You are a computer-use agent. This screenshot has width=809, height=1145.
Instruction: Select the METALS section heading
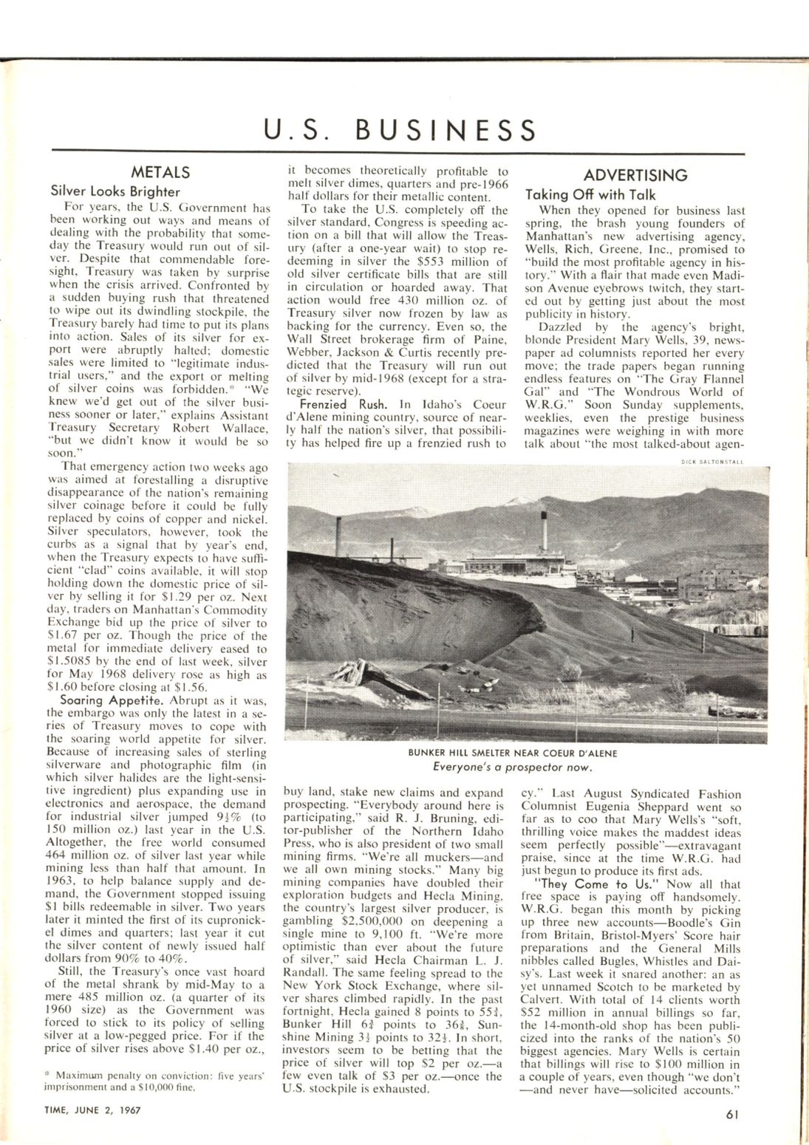click(x=160, y=173)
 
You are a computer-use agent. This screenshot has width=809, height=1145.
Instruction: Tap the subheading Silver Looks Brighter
click(x=115, y=191)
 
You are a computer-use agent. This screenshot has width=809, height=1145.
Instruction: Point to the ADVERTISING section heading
click(x=635, y=176)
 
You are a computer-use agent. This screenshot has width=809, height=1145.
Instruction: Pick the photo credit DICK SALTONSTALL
click(x=712, y=462)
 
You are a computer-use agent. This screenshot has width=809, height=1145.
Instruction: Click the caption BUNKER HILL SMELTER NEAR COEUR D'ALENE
click(x=512, y=753)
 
